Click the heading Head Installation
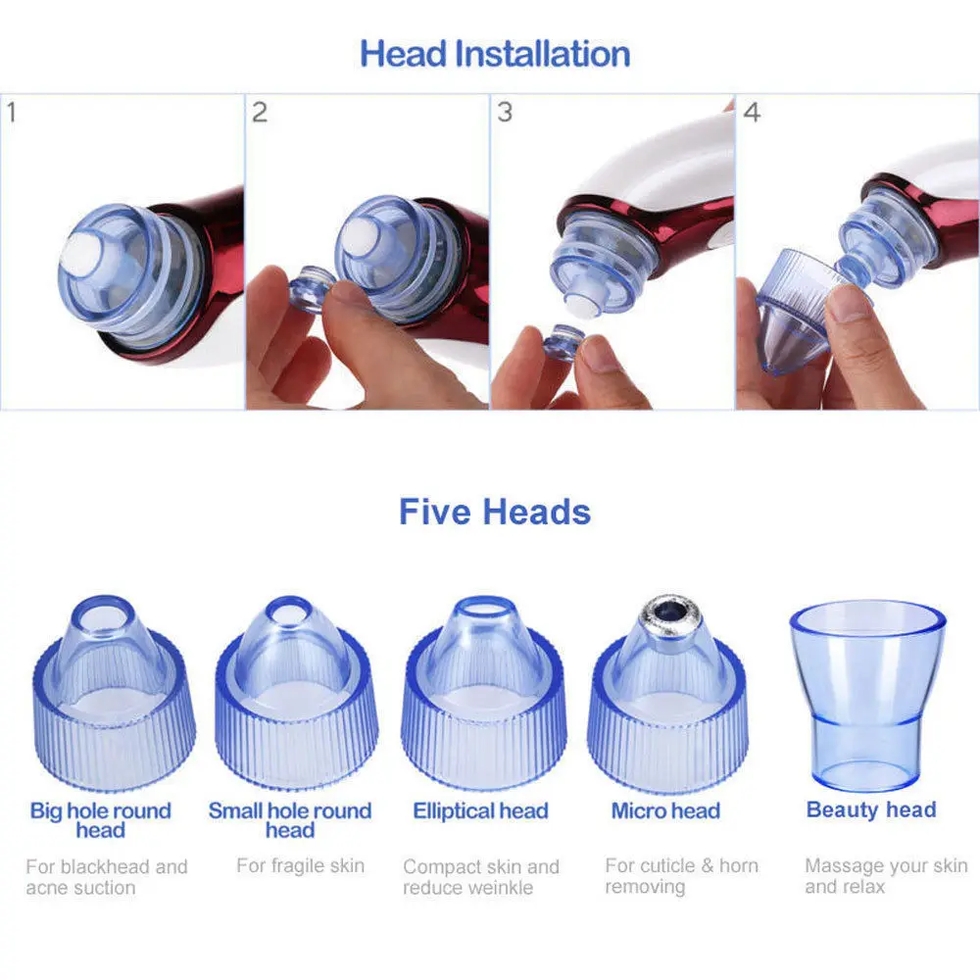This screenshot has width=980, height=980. pyautogui.click(x=494, y=54)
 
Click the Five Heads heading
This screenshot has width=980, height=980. pyautogui.click(x=494, y=512)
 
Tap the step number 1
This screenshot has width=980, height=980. pyautogui.click(x=12, y=113)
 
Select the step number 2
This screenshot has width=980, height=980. pyautogui.click(x=260, y=113)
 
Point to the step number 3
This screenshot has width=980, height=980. pyautogui.click(x=505, y=113)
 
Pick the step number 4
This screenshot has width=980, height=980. pyautogui.click(x=752, y=113)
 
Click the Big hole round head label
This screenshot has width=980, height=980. pyautogui.click(x=101, y=820)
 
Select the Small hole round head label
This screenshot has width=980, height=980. pyautogui.click(x=290, y=820)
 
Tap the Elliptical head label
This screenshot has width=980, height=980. pyautogui.click(x=480, y=810)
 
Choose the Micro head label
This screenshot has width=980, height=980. pyautogui.click(x=665, y=810)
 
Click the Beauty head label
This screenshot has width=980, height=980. pyautogui.click(x=871, y=809)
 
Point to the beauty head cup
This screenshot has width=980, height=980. pyautogui.click(x=867, y=694)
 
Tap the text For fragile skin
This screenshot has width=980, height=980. pyautogui.click(x=300, y=865)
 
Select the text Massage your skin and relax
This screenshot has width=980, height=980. pyautogui.click(x=886, y=875)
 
